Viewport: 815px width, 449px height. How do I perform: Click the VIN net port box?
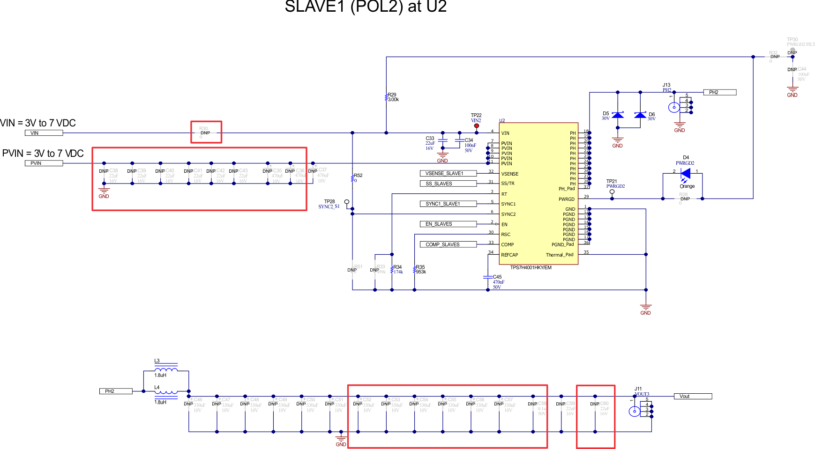[44, 133]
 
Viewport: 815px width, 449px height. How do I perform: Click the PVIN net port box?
[44, 163]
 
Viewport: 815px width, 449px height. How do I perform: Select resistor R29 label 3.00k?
[393, 100]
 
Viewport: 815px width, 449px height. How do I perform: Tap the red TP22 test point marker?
[477, 125]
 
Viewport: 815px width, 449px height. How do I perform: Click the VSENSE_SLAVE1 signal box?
[448, 173]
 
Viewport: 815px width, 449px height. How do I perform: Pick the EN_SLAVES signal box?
[448, 224]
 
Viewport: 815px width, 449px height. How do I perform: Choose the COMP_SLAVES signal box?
[448, 244]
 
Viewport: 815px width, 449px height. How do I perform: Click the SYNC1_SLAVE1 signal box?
[448, 204]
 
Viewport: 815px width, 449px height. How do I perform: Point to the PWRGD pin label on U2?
[566, 199]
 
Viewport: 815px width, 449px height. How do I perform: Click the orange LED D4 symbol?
[685, 173]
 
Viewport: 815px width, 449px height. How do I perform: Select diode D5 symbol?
[618, 115]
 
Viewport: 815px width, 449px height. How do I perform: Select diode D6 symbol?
[640, 115]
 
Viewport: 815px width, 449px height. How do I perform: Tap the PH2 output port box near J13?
[719, 92]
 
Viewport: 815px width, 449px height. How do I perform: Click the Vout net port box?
[692, 397]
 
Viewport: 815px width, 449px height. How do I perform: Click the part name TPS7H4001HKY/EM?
[531, 268]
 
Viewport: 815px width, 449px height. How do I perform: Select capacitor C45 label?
[497, 277]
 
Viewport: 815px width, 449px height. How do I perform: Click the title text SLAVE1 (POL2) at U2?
[366, 7]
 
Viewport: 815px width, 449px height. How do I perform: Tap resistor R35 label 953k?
[420, 272]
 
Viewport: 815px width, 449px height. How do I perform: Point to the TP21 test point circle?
[612, 191]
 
